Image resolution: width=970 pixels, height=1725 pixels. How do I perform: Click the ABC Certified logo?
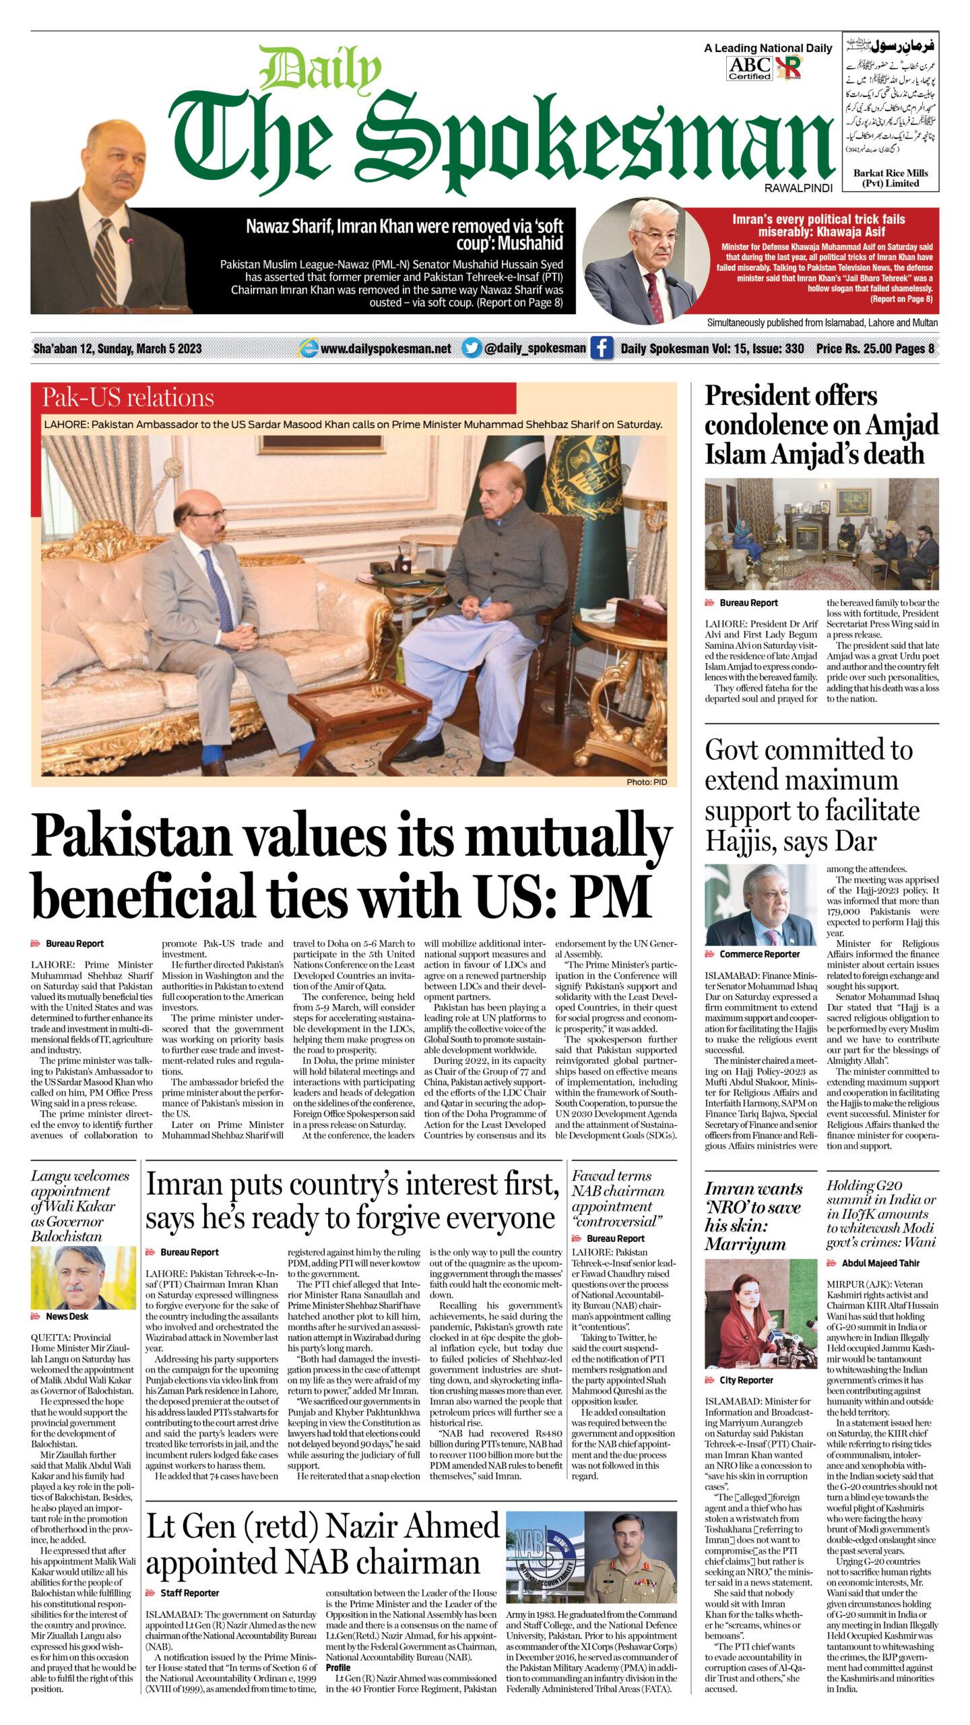tap(750, 68)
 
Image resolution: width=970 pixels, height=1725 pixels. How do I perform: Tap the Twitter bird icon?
tap(472, 348)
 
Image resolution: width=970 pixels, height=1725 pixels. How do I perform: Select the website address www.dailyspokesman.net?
tap(385, 348)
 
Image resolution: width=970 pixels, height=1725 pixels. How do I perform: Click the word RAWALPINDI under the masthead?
tap(798, 188)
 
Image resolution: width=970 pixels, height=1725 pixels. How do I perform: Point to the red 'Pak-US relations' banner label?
tap(128, 398)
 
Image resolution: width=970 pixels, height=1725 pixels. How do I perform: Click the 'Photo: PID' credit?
tap(646, 782)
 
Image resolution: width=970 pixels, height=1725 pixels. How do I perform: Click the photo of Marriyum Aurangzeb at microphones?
tap(761, 1314)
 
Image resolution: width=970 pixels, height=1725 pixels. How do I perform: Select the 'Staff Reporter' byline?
tap(189, 1593)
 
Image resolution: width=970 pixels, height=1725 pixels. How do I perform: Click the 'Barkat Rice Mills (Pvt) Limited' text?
tap(890, 178)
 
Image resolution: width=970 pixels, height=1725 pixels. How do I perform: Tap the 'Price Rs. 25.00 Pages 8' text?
tap(875, 348)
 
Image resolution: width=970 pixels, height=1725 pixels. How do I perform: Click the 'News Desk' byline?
tap(67, 1316)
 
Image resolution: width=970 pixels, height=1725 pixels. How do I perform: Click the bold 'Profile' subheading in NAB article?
tap(338, 1667)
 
